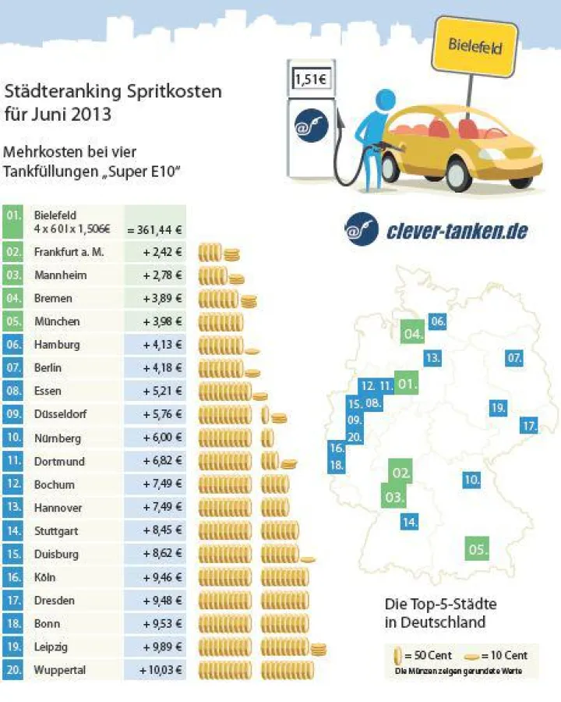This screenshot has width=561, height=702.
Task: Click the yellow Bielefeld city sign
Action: click(475, 46)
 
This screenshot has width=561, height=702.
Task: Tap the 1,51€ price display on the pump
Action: click(310, 80)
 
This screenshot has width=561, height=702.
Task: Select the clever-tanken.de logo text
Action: click(457, 231)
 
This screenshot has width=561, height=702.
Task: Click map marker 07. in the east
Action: click(513, 359)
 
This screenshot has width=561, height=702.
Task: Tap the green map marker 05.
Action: click(477, 549)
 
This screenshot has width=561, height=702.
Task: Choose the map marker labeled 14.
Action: click(410, 521)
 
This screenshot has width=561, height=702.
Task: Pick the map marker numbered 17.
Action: click(529, 426)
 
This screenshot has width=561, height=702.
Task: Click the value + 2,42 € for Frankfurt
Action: click(162, 252)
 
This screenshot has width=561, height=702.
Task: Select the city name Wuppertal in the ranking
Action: click(59, 670)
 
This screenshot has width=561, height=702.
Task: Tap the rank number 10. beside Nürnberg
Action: click(14, 438)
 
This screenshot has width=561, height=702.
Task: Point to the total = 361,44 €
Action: click(156, 229)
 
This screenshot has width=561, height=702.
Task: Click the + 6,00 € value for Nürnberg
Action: click(162, 438)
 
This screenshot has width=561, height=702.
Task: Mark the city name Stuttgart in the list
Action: click(56, 531)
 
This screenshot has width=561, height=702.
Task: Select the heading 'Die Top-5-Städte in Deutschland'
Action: click(440, 613)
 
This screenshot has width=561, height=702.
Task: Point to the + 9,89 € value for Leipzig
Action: click(162, 647)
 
